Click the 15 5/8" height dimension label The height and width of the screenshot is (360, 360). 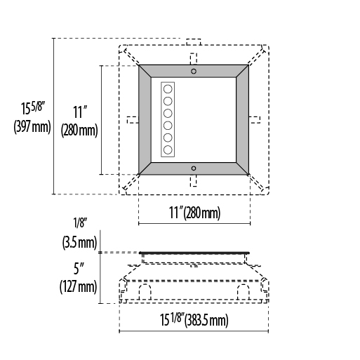click(33, 108)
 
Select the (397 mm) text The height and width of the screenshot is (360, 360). click(32, 127)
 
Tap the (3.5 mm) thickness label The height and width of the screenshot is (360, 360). click(79, 242)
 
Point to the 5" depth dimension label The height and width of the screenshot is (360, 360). click(79, 269)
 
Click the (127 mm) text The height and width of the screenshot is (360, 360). click(78, 286)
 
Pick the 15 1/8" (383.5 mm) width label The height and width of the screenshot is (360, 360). click(194, 319)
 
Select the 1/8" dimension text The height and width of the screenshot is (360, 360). click(81, 222)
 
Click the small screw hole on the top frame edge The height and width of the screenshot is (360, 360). click(194, 71)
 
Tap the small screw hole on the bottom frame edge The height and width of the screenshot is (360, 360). click(194, 168)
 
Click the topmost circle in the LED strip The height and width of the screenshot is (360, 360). click(168, 89)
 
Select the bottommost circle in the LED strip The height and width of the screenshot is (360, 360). click(168, 149)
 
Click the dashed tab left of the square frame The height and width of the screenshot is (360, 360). click(133, 120)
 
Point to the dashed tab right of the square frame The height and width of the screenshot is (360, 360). click(254, 120)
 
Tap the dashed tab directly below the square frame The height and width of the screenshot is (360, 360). click(194, 181)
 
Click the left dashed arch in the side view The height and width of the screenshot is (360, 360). click(145, 292)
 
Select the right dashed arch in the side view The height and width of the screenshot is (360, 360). click(244, 292)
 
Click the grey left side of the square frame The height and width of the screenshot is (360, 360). click(145, 120)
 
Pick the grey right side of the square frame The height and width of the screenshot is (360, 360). click(242, 120)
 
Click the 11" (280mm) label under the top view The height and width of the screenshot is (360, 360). click(194, 213)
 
